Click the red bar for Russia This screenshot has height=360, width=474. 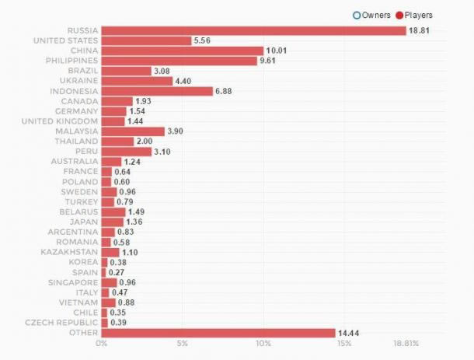click(253, 30)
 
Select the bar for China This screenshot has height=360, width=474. click(183, 51)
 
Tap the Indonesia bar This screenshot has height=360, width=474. click(157, 91)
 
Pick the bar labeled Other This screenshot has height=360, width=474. click(218, 333)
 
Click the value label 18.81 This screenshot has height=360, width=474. click(420, 30)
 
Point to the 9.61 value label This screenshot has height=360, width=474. click(270, 61)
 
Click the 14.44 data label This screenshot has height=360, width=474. click(349, 333)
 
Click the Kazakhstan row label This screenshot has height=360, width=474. click(69, 252)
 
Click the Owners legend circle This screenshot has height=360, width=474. click(356, 15)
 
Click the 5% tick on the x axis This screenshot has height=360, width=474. click(182, 344)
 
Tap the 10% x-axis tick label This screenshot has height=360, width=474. click(263, 344)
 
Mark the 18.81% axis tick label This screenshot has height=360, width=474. click(406, 344)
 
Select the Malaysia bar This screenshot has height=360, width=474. click(133, 131)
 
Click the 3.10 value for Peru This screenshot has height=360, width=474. click(163, 152)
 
